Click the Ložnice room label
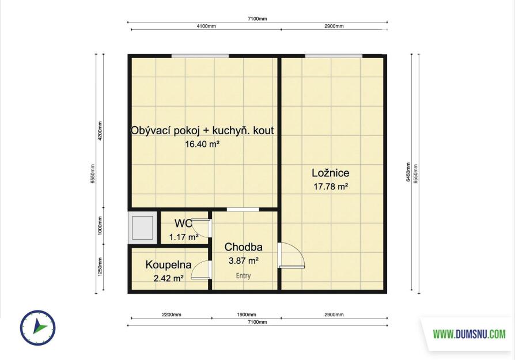pyautogui.click(x=331, y=173)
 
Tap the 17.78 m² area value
pyautogui.click(x=331, y=187)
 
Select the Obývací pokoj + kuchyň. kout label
pyautogui.click(x=202, y=130)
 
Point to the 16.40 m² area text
pyautogui.click(x=202, y=144)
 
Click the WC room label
pyautogui.click(x=183, y=223)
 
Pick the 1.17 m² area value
pyautogui.click(x=184, y=237)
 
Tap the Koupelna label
pyautogui.click(x=168, y=265)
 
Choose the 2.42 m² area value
pyautogui.click(x=168, y=279)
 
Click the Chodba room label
pyautogui.click(x=243, y=247)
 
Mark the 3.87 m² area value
pyautogui.click(x=243, y=261)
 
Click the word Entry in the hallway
pyautogui.click(x=243, y=276)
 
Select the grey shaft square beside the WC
pyautogui.click(x=142, y=228)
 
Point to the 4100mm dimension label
pyautogui.click(x=206, y=26)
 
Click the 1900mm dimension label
pyautogui.click(x=247, y=314)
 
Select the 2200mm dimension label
pyautogui.click(x=172, y=314)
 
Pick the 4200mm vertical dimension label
pyautogui.click(x=100, y=131)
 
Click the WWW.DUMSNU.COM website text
pyautogui.click(x=469, y=334)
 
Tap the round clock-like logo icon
pyautogui.click(x=38, y=328)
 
